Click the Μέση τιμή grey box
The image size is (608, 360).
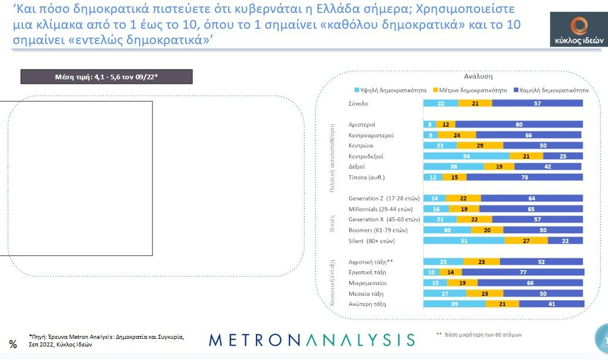click(x=106, y=77)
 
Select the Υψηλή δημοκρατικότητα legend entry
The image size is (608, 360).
click(x=386, y=90)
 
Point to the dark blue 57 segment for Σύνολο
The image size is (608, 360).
click(x=538, y=103)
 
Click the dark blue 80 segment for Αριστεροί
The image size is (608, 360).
click(x=519, y=125)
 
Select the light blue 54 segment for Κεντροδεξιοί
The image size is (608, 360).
click(x=466, y=156)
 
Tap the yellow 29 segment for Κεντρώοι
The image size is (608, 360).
click(x=480, y=146)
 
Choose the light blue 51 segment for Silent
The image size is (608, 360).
click(x=464, y=240)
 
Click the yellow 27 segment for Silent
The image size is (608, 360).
click(x=526, y=240)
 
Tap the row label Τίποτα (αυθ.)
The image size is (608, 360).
click(x=367, y=177)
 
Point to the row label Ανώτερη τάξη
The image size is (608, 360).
click(x=367, y=304)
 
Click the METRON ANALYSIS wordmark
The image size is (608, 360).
click(x=312, y=340)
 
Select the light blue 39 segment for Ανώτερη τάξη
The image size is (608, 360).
click(x=455, y=304)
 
